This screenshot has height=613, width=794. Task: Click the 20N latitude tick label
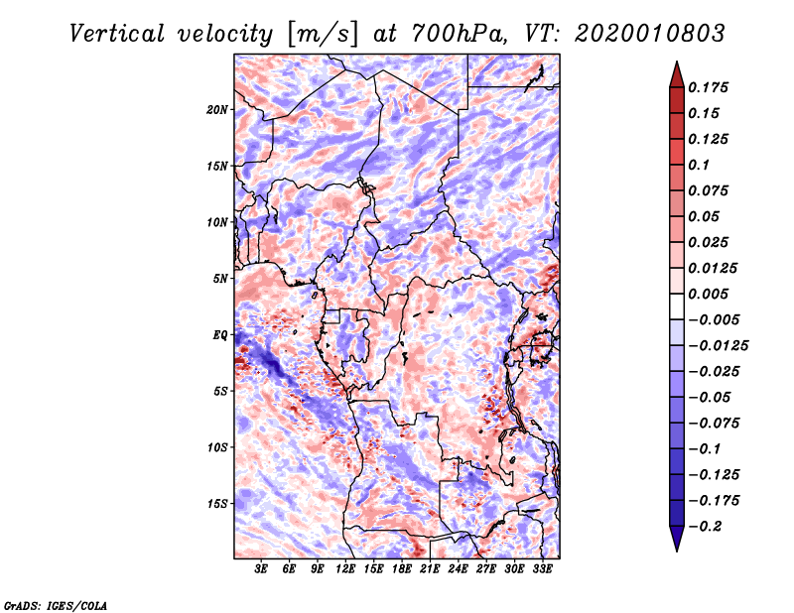pos(217,109)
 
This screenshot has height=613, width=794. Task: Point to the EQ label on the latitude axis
pos(219,334)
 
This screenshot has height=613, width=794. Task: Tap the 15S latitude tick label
pos(217,503)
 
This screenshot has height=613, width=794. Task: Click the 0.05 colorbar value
pos(706,216)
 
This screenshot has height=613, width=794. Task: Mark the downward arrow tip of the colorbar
pos(676,549)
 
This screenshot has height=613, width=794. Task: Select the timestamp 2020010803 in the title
pos(639,34)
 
